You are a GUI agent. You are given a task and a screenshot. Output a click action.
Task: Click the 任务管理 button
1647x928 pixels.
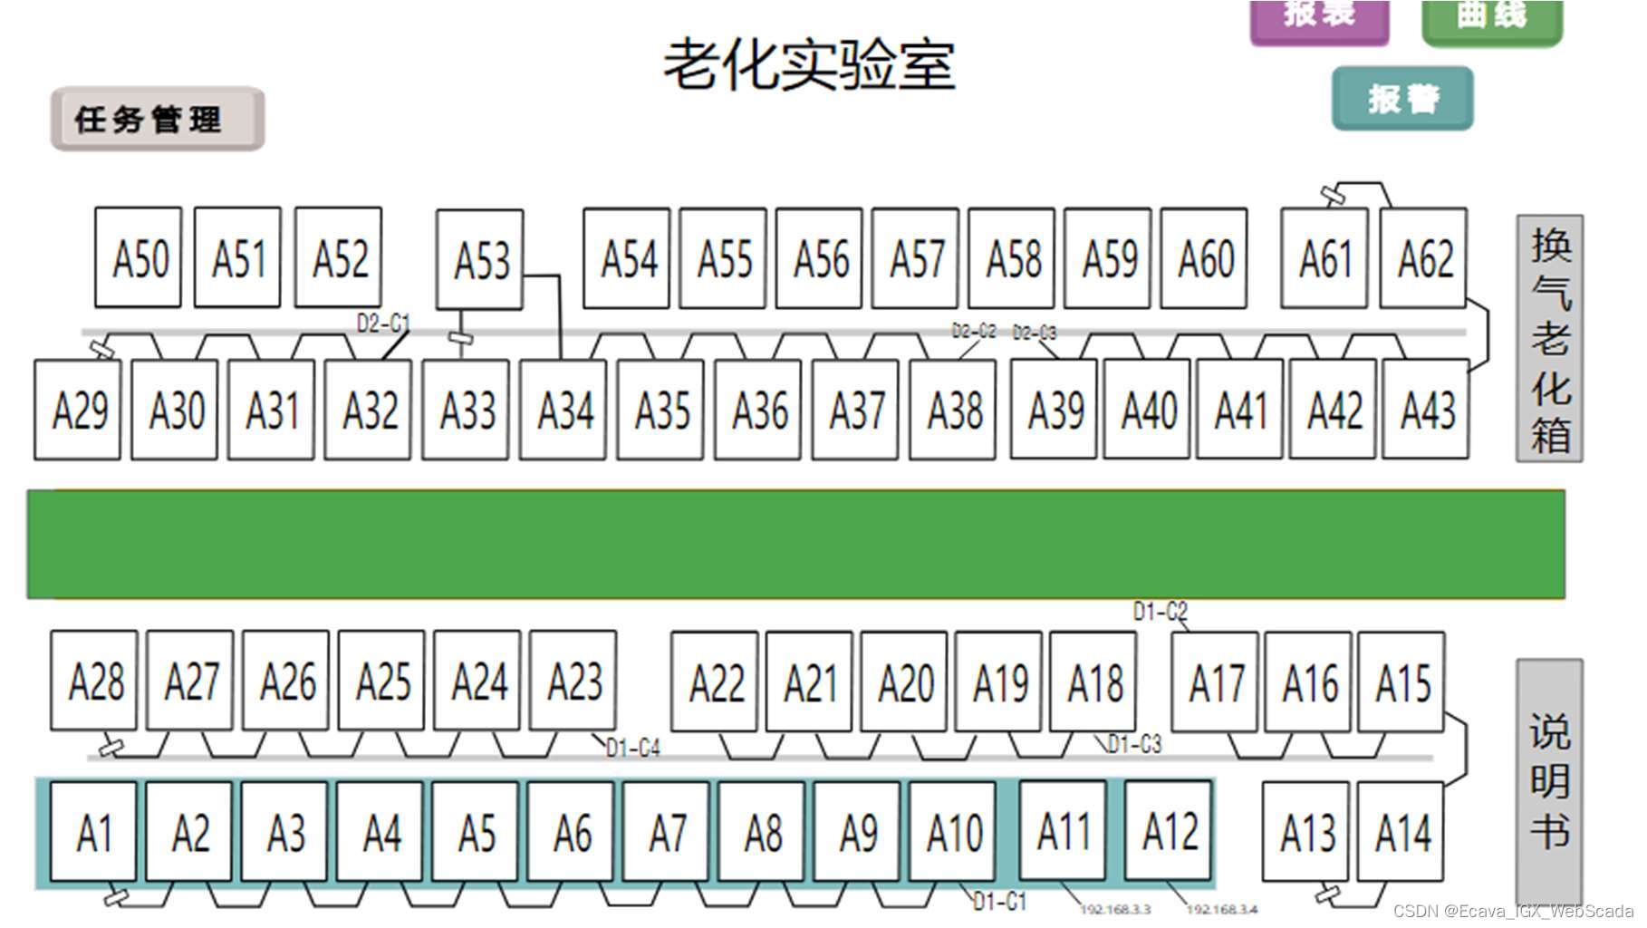[157, 119]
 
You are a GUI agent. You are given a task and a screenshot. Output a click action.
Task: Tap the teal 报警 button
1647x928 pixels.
[1401, 98]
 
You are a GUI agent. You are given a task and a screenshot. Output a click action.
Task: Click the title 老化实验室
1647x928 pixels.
[809, 65]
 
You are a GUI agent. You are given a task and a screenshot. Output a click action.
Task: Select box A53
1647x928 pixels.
[480, 260]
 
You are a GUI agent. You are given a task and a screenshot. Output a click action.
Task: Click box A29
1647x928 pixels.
[78, 410]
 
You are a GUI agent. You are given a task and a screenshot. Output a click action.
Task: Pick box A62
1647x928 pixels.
[1423, 258]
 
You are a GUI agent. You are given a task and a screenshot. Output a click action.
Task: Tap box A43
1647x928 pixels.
[1426, 410]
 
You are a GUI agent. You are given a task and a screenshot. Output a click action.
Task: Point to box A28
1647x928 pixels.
[94, 681]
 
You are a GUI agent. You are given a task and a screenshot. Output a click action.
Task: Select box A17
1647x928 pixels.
[1215, 682]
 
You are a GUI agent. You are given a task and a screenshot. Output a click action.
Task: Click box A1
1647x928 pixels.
[94, 832]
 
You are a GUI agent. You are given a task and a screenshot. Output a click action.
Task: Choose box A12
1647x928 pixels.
[1169, 830]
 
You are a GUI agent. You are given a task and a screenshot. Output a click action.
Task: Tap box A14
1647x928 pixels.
[1401, 832]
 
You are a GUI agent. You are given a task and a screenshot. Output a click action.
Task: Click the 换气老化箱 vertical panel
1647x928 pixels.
[1549, 339]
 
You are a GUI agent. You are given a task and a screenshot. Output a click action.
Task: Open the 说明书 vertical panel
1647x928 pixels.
[1549, 780]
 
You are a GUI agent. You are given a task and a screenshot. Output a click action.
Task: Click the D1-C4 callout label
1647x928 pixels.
[632, 749]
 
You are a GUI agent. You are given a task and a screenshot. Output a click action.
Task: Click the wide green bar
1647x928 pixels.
[795, 544]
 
